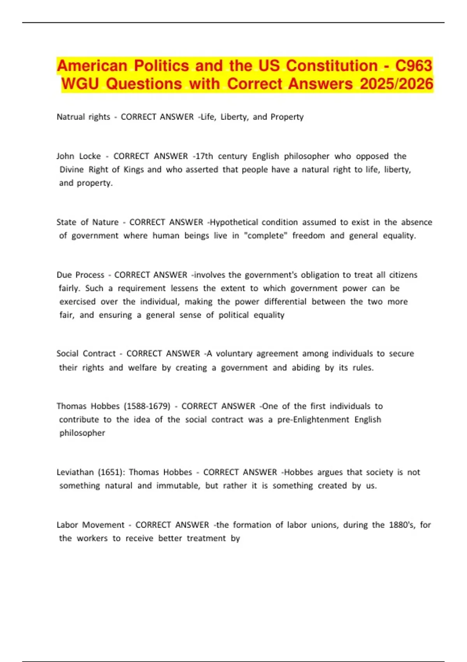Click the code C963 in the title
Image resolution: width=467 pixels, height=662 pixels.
413,65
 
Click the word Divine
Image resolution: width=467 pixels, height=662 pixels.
72,169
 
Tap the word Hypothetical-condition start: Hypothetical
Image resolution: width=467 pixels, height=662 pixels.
234,222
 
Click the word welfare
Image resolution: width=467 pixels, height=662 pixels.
142,368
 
